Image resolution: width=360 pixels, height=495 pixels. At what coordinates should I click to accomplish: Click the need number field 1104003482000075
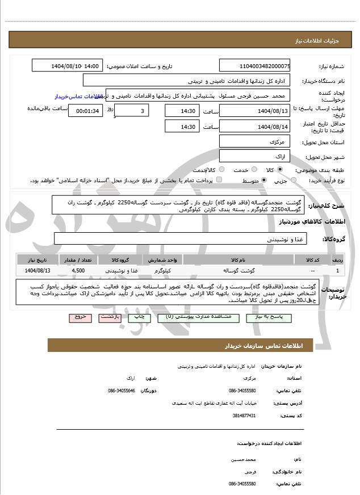[x=254, y=66]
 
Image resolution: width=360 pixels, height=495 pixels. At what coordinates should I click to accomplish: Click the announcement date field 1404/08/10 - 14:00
[x=68, y=66]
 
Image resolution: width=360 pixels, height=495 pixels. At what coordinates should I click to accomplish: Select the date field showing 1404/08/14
[x=254, y=127]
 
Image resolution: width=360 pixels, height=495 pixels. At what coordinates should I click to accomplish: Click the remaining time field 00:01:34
[x=86, y=111]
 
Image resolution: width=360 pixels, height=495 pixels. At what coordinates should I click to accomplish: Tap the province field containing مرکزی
[x=254, y=141]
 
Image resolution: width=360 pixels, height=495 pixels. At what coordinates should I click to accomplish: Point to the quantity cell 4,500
[x=78, y=270]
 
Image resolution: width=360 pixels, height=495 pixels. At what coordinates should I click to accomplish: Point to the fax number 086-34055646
[x=121, y=391]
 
